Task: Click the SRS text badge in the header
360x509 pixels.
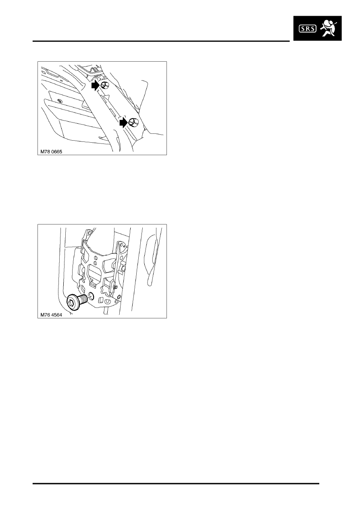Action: coord(307,29)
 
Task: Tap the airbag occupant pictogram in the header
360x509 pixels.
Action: coord(329,28)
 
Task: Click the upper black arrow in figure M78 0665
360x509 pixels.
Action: coord(96,85)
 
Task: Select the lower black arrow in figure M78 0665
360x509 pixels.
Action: coord(124,123)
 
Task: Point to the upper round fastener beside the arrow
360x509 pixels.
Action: coord(104,85)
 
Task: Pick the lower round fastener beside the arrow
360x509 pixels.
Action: coord(133,122)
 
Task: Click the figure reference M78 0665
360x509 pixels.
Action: coord(51,152)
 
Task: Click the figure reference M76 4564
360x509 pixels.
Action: coord(51,315)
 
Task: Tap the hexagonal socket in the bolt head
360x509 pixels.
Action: coord(71,303)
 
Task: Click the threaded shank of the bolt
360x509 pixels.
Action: coord(84,298)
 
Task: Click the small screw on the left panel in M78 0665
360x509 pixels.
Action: coord(59,100)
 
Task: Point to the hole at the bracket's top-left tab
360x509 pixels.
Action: coord(90,233)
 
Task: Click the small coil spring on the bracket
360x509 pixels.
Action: coord(116,287)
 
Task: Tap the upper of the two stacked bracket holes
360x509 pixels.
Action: coord(95,258)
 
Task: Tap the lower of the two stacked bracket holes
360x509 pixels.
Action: coord(95,263)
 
